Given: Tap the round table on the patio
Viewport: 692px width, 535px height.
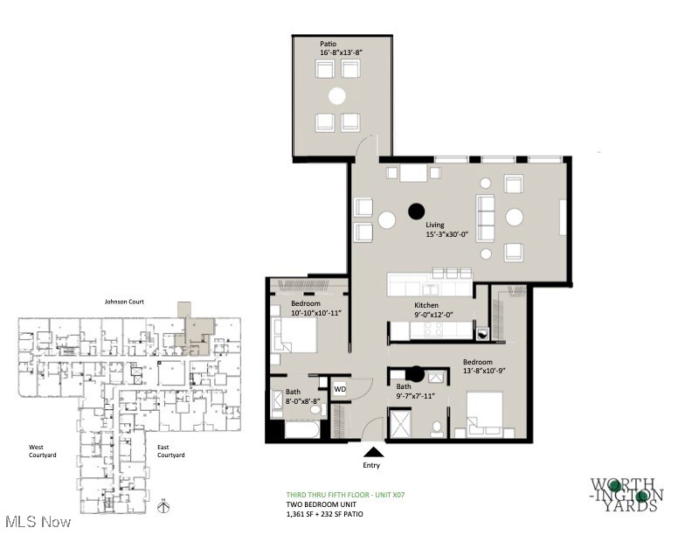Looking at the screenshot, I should pos(337,95).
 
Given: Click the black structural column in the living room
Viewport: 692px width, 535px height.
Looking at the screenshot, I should pos(417,210).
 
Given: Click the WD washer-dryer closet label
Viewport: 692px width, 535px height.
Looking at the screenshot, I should pos(339,389).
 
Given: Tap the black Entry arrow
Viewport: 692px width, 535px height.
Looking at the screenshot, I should pos(373,451).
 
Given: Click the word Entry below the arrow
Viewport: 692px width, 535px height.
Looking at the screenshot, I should pos(372,466).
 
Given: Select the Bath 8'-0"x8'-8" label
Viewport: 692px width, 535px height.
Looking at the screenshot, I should pos(301,395).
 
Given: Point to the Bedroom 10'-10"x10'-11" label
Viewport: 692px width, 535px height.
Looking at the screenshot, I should pos(313,309).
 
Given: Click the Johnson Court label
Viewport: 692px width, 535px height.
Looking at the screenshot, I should pos(126,302).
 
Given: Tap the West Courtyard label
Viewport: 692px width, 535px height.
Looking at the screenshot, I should pos(42,451).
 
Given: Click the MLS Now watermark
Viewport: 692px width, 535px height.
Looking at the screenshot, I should pos(36,523).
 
